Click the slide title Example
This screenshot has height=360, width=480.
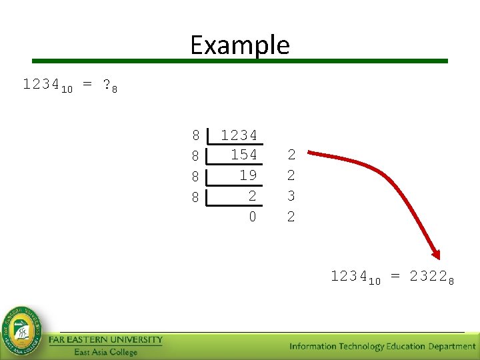click(240, 45)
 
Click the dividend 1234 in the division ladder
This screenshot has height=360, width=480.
click(239, 135)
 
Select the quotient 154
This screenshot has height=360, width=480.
click(243, 155)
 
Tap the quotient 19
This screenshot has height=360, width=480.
click(248, 175)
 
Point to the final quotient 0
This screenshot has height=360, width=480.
click(252, 217)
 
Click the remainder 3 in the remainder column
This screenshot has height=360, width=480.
click(291, 196)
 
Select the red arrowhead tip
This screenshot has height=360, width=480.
click(437, 255)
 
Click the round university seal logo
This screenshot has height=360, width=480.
click(23, 331)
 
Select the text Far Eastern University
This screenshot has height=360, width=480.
click(105, 340)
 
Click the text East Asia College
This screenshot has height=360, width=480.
click(105, 352)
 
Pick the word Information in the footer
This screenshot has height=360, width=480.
click(313, 346)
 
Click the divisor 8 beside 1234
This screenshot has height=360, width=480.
click(195, 135)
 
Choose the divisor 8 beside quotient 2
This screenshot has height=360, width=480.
click(195, 197)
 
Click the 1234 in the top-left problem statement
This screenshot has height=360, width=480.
click(41, 85)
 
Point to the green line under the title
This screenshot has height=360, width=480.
click(240, 61)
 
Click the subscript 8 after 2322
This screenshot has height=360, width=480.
click(451, 281)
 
